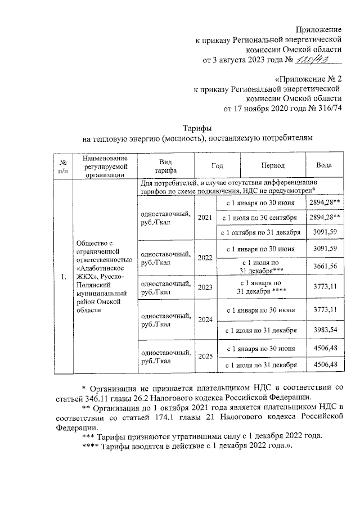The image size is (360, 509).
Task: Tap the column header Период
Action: pos(272,166)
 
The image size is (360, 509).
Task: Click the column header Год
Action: pos(217,166)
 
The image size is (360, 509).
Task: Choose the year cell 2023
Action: pos(205,287)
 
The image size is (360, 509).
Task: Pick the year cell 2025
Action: pos(205,356)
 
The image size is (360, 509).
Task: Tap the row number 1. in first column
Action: pos(63,277)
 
